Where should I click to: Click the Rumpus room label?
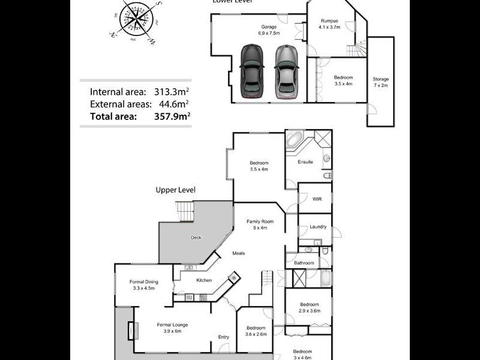[x=329, y=24]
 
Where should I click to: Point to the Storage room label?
[x=380, y=82]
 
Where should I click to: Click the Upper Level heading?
[x=175, y=190]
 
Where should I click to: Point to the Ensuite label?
[x=305, y=162]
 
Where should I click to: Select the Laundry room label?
[x=318, y=227]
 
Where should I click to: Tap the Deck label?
[x=196, y=238]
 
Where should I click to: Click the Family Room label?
[x=260, y=224]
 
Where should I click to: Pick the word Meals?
[x=239, y=253]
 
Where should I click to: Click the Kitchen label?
[x=204, y=280]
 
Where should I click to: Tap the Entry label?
[x=223, y=337]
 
